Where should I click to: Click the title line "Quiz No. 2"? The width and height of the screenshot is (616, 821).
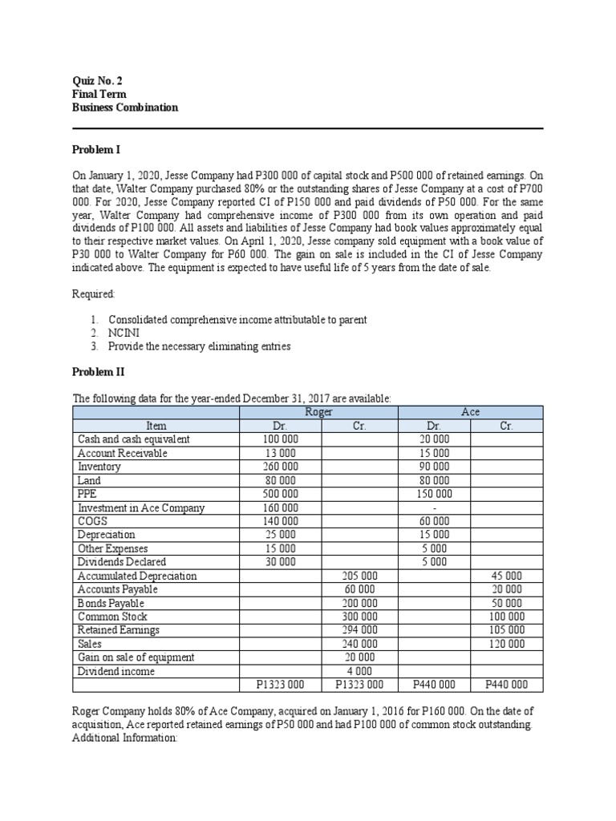[98, 80]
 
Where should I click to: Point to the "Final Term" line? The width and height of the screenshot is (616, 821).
[99, 94]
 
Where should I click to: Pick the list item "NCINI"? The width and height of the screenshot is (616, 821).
[124, 333]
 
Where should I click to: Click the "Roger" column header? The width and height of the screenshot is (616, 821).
[319, 412]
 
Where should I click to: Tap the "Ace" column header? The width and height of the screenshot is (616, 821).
[470, 412]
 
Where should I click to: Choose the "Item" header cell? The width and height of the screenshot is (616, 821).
[156, 426]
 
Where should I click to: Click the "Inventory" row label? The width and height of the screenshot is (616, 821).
[99, 467]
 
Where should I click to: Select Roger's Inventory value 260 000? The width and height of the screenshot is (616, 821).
[280, 467]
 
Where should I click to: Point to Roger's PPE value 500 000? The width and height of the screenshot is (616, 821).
[280, 494]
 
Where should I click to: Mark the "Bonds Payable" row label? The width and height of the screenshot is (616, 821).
[111, 603]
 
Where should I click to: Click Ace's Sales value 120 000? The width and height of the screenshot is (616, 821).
[506, 644]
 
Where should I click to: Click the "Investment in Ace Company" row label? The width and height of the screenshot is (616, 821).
[141, 508]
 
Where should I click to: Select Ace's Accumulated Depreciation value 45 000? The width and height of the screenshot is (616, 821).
[506, 576]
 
